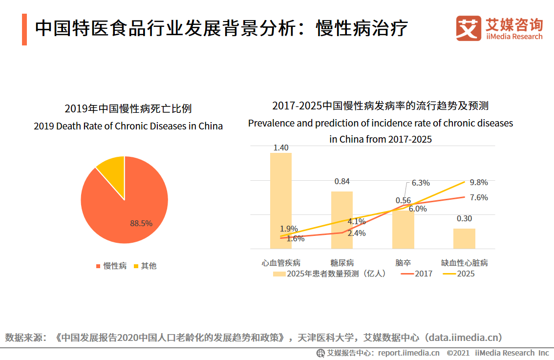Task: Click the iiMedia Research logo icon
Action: [x=468, y=28]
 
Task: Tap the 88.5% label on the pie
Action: [x=141, y=223]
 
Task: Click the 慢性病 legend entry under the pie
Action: [x=111, y=266]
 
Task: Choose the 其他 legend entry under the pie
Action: [x=145, y=266]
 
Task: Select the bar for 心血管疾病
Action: [x=281, y=201]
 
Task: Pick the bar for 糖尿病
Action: [x=341, y=220]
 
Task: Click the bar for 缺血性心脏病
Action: [x=464, y=238]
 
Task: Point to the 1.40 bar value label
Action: [x=281, y=148]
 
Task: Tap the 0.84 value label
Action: [x=342, y=182]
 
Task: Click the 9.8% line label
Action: [x=479, y=182]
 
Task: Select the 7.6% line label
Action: [x=479, y=197]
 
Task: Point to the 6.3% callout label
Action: [x=421, y=183]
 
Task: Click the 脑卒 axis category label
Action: [x=403, y=263]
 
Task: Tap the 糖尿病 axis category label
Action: [x=342, y=263]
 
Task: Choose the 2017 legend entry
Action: [x=417, y=274]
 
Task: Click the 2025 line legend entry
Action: [x=459, y=274]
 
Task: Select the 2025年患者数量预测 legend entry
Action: [x=330, y=274]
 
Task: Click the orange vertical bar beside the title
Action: [x=24, y=29]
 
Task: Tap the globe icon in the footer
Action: [x=320, y=353]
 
